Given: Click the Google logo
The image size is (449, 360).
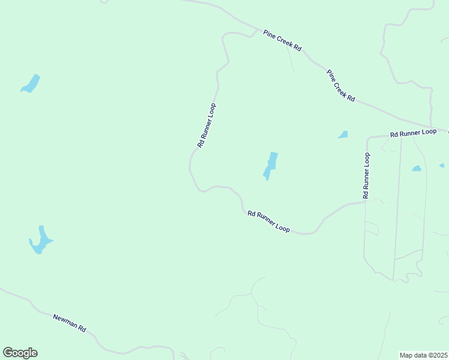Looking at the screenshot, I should [x=20, y=353].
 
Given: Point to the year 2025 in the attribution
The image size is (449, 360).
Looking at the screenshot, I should [x=438, y=355].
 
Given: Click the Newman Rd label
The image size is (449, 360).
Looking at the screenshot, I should [x=70, y=323].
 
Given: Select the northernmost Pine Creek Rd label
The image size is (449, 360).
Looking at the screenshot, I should [x=282, y=41].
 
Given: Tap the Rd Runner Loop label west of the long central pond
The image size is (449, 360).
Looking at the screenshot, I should [x=206, y=125].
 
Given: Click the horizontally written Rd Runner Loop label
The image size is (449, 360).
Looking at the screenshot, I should [x=412, y=133].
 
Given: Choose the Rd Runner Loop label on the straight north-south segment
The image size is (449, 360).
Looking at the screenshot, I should [x=366, y=175].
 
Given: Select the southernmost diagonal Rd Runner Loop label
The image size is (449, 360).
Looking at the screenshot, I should [x=268, y=221].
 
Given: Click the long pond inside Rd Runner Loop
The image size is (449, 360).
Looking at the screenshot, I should [x=271, y=164].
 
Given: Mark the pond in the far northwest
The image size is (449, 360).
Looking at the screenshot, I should [x=31, y=83].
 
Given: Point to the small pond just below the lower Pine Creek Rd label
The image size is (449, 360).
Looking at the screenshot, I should [x=343, y=135].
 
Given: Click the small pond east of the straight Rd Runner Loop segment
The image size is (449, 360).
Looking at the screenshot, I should [x=417, y=169].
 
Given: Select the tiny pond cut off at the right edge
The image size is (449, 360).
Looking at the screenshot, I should [x=442, y=165].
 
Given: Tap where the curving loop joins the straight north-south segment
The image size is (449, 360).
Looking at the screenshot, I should [x=365, y=202].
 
